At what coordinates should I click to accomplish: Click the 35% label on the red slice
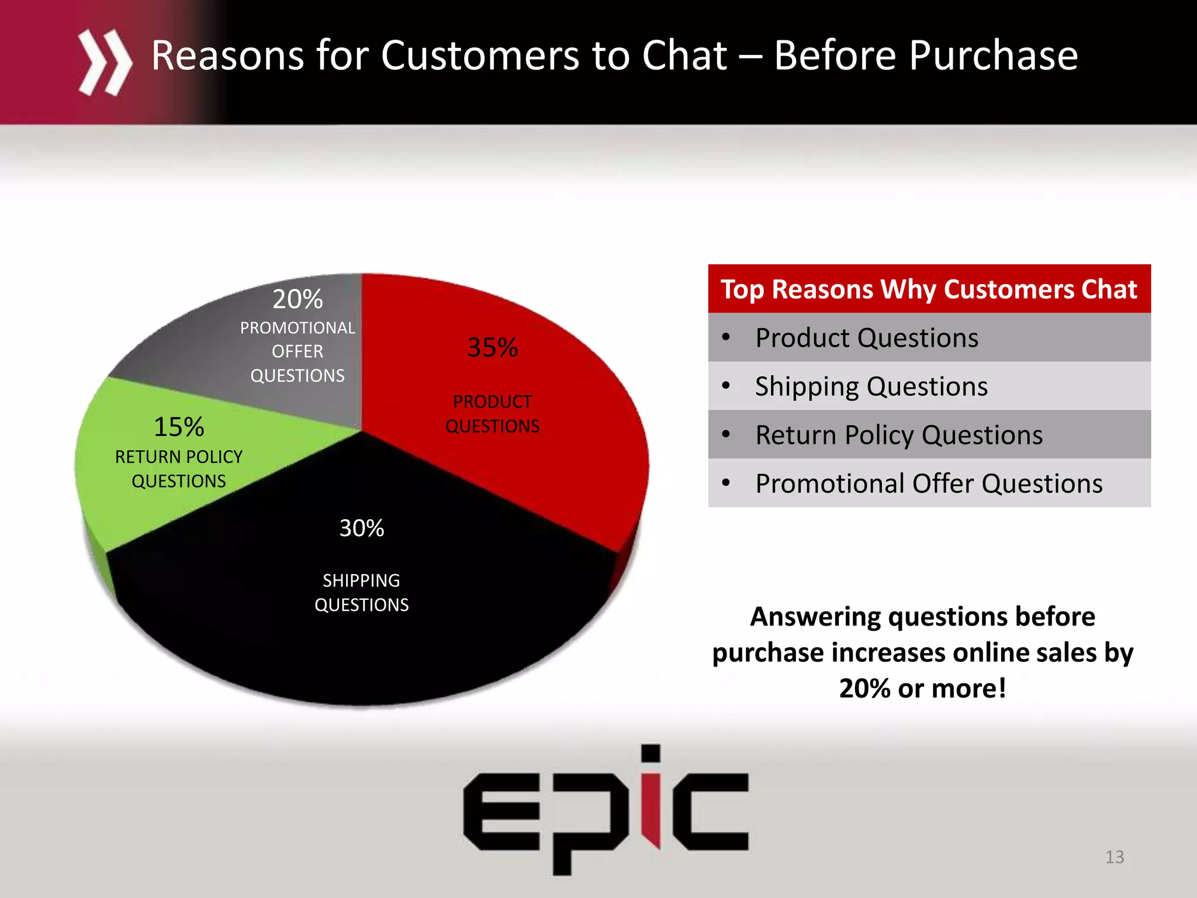pyautogui.click(x=492, y=347)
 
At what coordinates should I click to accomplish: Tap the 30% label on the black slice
pyautogui.click(x=362, y=528)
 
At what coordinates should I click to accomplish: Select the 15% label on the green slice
pyautogui.click(x=179, y=427)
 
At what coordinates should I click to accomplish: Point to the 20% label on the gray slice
pyautogui.click(x=297, y=299)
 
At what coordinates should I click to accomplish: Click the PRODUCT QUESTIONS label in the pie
pyautogui.click(x=492, y=414)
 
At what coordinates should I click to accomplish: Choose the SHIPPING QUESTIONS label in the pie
pyautogui.click(x=362, y=592)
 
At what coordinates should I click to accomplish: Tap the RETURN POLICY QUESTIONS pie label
pyautogui.click(x=179, y=469)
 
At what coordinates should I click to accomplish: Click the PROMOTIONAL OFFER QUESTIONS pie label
pyautogui.click(x=297, y=351)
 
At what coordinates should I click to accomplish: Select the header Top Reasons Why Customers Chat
pyautogui.click(x=929, y=289)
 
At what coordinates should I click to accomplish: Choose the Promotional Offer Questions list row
pyautogui.click(x=929, y=483)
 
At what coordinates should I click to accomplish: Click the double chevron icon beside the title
pyautogui.click(x=105, y=62)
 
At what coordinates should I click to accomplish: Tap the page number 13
pyautogui.click(x=1114, y=857)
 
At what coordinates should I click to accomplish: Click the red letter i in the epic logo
pyautogui.click(x=651, y=807)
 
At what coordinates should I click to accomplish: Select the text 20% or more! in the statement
pyautogui.click(x=922, y=688)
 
